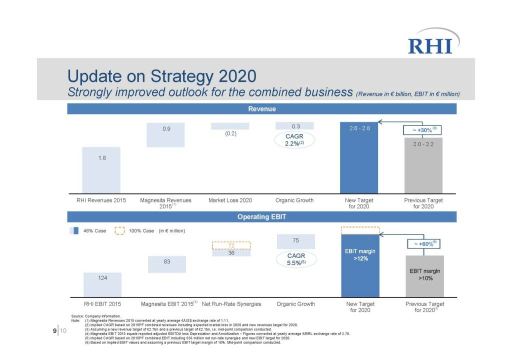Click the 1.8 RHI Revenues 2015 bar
coord(101,169)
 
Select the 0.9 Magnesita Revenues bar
coord(165,134)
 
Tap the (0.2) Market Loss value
coord(230,133)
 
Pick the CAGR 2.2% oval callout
coord(295,139)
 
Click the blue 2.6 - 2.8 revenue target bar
coord(359,160)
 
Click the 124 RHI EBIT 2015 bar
coord(102,284)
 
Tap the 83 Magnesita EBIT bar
coord(167,264)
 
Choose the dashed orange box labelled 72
coord(231,245)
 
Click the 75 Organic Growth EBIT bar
coord(296,241)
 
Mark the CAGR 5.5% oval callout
coord(296,259)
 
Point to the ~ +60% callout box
coord(422,244)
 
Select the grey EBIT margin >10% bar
coord(424,276)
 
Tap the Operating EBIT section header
coord(262,216)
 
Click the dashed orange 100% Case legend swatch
coord(119,231)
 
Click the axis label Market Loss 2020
coord(230,200)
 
